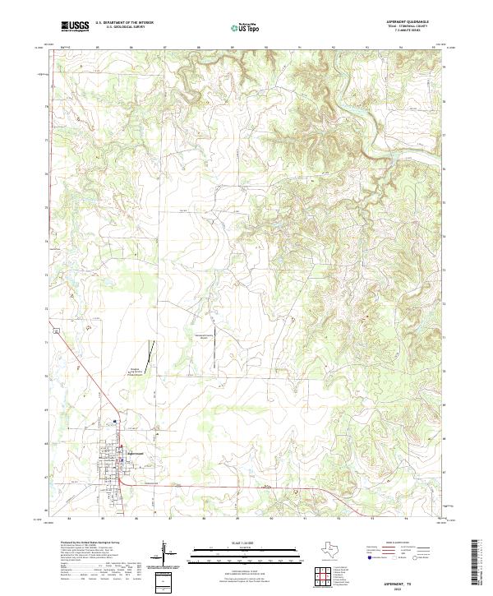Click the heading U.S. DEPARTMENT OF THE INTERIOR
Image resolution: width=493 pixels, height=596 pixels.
(x=123, y=23)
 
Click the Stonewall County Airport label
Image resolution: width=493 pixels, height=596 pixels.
(x=203, y=336)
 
